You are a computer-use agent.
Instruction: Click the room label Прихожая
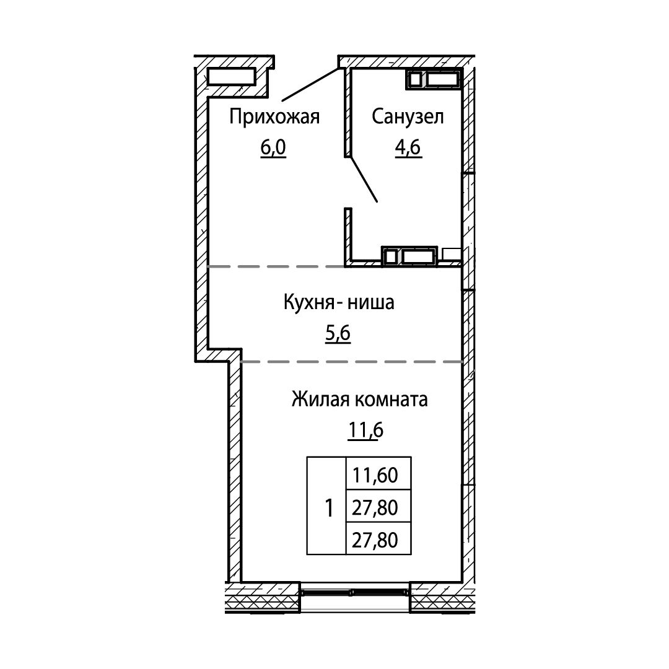click(x=274, y=116)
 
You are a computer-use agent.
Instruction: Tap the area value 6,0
click(x=273, y=147)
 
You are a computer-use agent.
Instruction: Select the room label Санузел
click(x=408, y=116)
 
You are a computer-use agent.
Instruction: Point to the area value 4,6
click(x=408, y=147)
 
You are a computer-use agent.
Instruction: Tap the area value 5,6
click(x=338, y=333)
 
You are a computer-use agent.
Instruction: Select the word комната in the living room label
click(x=391, y=400)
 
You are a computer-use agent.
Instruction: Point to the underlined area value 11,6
click(x=366, y=431)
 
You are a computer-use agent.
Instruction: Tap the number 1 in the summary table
click(x=329, y=508)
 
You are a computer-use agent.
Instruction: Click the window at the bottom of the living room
click(x=354, y=592)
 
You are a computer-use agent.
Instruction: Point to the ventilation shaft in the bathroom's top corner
click(x=434, y=79)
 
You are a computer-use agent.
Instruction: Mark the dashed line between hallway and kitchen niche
click(x=276, y=266)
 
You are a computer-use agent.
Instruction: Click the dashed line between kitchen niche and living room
click(x=352, y=362)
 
